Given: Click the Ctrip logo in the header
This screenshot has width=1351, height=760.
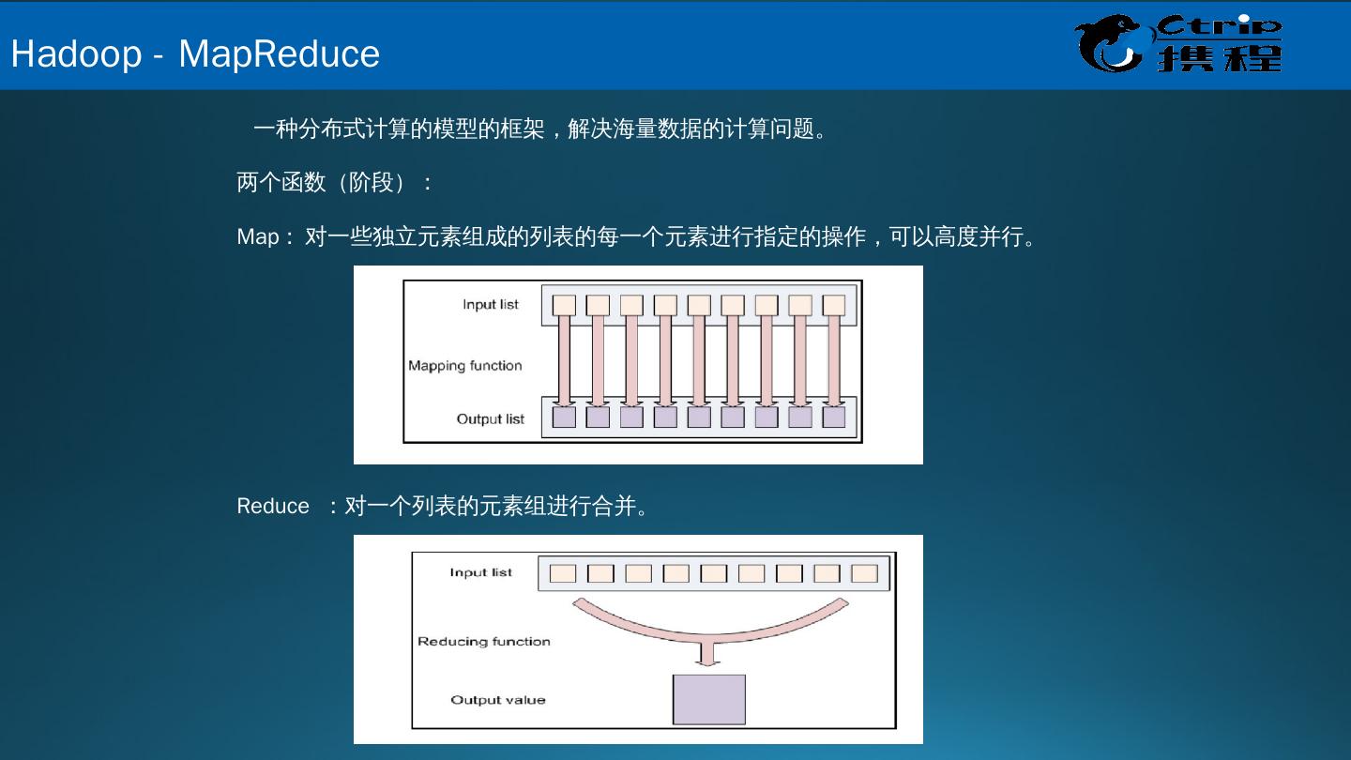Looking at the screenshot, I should coord(1178,45).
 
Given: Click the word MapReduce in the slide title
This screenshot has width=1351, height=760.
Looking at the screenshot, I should coord(279,53).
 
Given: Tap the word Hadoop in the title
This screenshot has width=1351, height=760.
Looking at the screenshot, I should coord(76,53).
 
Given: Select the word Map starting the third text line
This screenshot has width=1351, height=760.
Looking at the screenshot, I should coord(258,236).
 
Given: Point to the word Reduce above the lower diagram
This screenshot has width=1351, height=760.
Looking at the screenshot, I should coord(272,507).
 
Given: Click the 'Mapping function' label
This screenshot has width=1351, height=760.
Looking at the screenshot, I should coord(464,366).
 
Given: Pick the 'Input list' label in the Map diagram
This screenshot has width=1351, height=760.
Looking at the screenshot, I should coord(490,304).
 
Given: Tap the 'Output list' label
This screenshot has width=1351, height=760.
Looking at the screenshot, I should coord(490,418).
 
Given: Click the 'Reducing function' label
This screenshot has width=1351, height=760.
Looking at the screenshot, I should coord(483,642).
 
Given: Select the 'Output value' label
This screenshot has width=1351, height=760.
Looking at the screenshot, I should coord(497,700).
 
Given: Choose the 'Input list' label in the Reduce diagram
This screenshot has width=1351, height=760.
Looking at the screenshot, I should coord(480,572).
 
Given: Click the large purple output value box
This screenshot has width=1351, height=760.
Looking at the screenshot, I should coord(708,699).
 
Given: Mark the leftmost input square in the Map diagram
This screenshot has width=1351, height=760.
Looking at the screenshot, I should coord(564,305).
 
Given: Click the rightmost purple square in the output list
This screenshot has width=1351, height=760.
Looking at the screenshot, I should coord(833,417).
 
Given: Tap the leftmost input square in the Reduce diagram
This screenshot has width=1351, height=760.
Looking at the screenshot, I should coord(563,573).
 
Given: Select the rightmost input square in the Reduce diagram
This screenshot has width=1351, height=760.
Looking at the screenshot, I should coord(864,573).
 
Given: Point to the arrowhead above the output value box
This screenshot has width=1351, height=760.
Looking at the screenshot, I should coord(709,659).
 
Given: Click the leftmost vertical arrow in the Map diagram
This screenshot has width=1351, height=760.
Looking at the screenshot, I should coord(564,360).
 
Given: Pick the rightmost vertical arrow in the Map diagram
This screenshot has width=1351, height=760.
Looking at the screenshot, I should coord(833,360).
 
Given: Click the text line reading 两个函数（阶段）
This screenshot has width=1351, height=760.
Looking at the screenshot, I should coord(334,182).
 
